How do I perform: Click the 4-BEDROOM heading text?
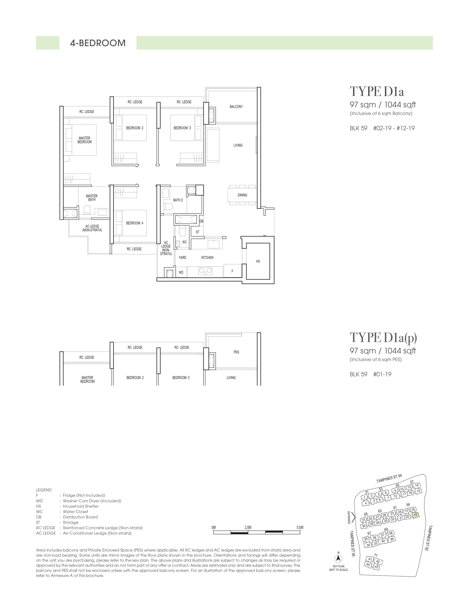[x=98, y=43]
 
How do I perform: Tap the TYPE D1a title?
[x=377, y=92]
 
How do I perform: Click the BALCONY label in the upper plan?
[x=236, y=107]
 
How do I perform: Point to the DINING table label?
[x=242, y=195]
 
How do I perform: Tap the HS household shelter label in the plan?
[x=258, y=261]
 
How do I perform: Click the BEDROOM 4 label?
[x=135, y=223]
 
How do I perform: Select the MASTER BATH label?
[x=92, y=198]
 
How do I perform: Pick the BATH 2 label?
[x=178, y=200]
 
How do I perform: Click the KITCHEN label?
[x=207, y=258]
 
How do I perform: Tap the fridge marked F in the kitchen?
[x=232, y=271]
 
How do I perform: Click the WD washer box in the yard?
[x=181, y=272]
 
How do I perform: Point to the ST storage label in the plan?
[x=198, y=232]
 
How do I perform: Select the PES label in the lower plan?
[x=236, y=352]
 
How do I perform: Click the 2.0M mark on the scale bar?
[x=248, y=527]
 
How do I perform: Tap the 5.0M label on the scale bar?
[x=300, y=527]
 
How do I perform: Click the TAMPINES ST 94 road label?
[x=389, y=478]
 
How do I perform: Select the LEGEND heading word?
[x=44, y=490]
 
